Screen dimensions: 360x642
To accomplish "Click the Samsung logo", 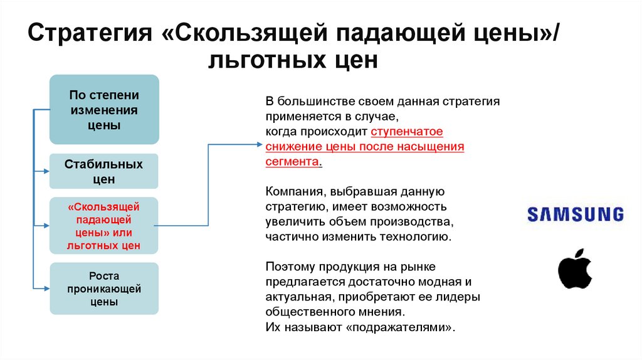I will [575, 214].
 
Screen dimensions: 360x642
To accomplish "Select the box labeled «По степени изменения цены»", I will [104, 110].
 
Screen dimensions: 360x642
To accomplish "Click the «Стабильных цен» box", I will [104, 171].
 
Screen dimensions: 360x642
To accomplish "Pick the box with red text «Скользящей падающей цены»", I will [104, 226].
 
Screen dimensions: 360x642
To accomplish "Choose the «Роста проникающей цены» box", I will [104, 289].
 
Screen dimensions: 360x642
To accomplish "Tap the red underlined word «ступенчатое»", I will [407, 132].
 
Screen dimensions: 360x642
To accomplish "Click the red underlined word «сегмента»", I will [292, 161].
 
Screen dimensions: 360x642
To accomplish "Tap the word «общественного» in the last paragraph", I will [305, 312].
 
